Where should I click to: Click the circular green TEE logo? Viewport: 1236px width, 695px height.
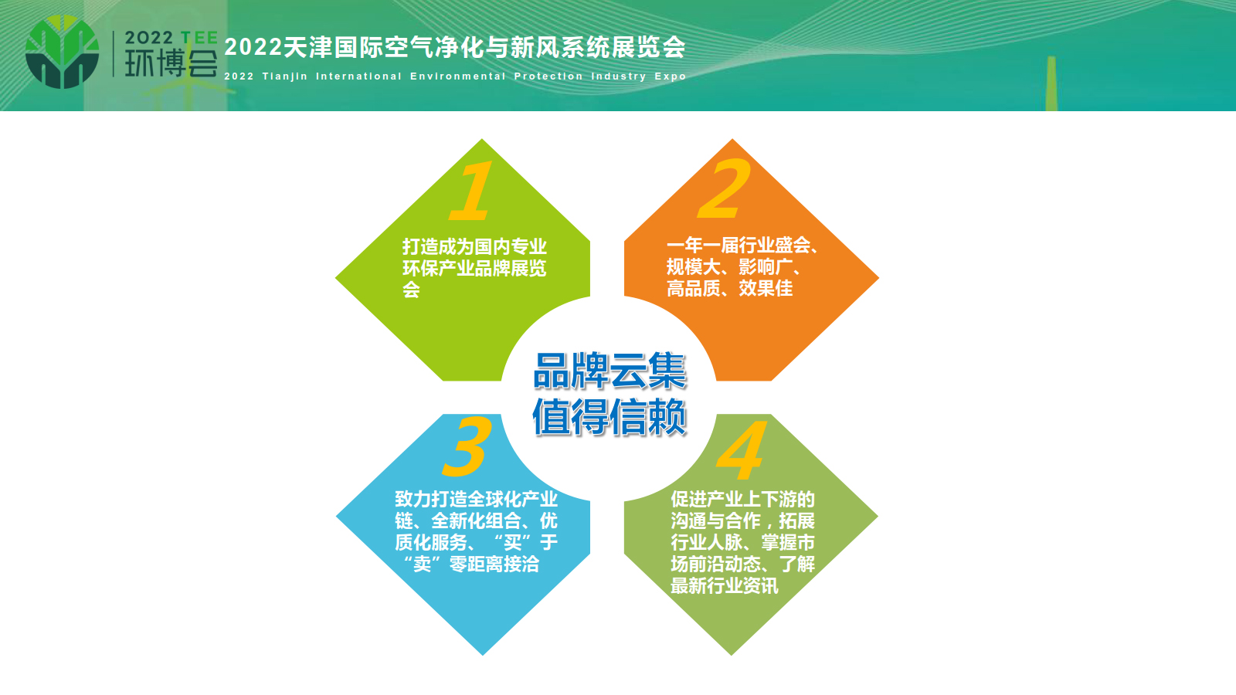coord(63,52)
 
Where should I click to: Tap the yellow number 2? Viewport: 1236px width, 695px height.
coord(724,188)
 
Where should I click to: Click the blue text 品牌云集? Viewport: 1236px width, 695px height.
coord(610,371)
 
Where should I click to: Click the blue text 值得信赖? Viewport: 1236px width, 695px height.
coord(610,418)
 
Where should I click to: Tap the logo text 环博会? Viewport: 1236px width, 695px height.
coord(171,63)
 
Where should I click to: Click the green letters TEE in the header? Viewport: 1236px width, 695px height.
coord(199,38)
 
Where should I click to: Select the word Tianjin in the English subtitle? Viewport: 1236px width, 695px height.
coord(285,76)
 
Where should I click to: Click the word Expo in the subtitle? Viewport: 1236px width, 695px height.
coord(671,76)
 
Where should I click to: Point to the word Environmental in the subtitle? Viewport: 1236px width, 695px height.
coord(458,76)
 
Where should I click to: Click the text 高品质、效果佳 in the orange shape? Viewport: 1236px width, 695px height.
coord(729,288)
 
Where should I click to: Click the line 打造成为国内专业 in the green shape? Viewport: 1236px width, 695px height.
coord(474,246)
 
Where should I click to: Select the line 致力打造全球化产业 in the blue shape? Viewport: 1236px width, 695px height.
coord(476,499)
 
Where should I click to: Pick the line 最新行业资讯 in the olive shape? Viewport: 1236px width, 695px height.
coord(725,586)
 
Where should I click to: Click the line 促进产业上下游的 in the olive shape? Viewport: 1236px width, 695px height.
coord(742,499)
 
